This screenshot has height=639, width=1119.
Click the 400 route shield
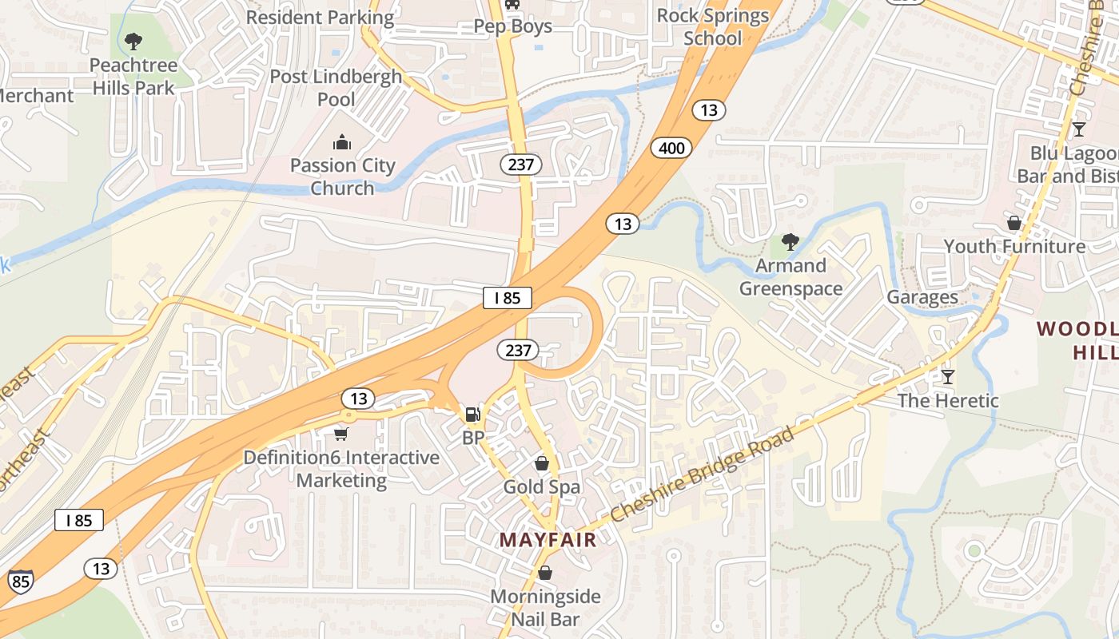tap(671, 147)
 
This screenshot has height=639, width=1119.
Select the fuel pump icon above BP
tap(473, 415)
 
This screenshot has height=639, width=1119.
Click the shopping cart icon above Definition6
tap(341, 434)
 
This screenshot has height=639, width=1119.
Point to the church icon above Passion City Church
tap(342, 143)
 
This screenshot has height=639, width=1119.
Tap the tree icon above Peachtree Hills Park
tap(133, 42)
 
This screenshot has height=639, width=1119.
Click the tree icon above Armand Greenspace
tap(790, 241)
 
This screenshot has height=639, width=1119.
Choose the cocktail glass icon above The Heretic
tap(948, 376)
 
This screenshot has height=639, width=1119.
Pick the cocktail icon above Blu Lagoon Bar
tap(1079, 129)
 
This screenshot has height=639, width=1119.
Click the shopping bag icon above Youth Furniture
tap(1014, 223)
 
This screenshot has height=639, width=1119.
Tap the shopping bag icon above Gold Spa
tap(542, 463)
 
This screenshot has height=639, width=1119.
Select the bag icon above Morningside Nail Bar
tap(545, 573)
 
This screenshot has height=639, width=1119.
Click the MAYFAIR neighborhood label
tap(548, 540)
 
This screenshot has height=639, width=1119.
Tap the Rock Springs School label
tap(713, 27)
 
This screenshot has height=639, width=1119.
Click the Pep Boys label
tap(512, 26)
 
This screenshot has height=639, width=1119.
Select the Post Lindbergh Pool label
tap(336, 88)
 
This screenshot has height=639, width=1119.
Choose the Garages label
tap(922, 298)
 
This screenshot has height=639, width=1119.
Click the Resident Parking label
tap(320, 17)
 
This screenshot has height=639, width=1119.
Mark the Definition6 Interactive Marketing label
tap(341, 469)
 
